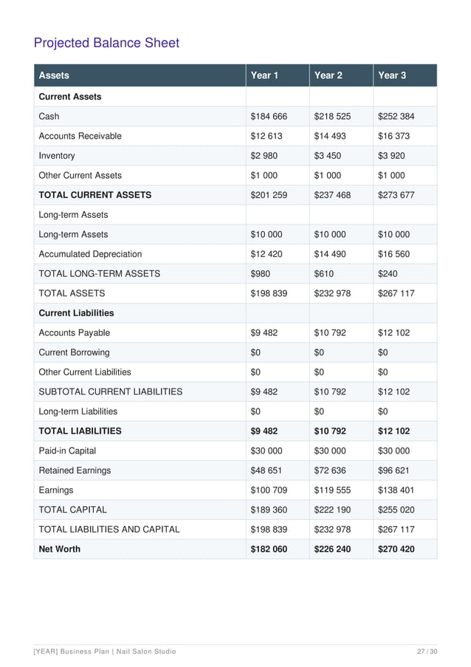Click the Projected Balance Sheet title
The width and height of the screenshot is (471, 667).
click(x=106, y=43)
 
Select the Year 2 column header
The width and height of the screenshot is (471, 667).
click(x=329, y=75)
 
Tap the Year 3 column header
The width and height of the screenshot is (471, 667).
click(x=392, y=75)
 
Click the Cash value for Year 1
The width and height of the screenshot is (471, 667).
click(x=269, y=117)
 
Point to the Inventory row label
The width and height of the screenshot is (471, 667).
click(x=57, y=156)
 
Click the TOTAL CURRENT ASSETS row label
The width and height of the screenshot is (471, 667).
click(x=94, y=195)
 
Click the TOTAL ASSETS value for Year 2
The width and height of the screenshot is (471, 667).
click(x=332, y=293)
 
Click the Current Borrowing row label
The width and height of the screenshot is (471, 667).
click(x=74, y=352)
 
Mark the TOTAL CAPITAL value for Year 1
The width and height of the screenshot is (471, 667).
click(x=269, y=510)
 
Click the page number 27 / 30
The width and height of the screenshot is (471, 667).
click(x=427, y=651)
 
